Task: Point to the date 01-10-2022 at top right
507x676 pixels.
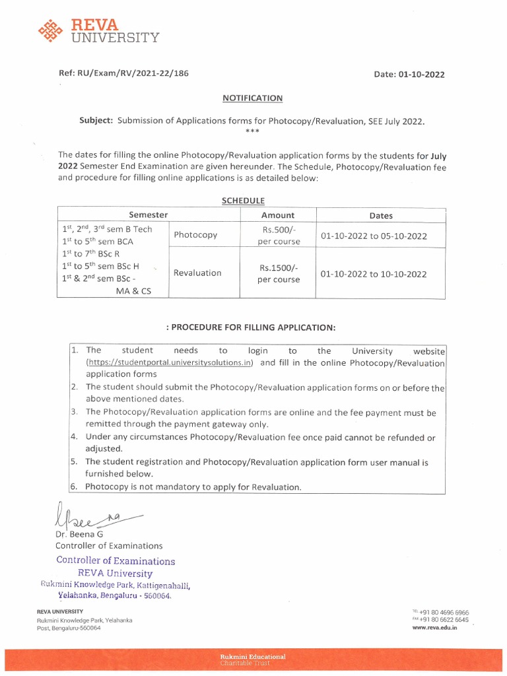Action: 421,75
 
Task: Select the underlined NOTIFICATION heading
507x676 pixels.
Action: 252,98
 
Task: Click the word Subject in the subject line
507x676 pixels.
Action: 96,121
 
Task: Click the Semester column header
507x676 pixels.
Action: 148,215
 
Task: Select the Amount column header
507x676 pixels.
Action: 278,215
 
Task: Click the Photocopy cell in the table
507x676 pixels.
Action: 195,235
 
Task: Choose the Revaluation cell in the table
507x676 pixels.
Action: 197,273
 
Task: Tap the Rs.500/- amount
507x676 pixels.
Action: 279,229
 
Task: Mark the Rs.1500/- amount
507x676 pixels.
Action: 279,267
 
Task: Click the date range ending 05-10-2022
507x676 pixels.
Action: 374,236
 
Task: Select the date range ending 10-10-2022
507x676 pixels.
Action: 374,274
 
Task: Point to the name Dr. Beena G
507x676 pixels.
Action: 80,534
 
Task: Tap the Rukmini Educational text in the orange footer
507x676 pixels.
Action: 253,657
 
